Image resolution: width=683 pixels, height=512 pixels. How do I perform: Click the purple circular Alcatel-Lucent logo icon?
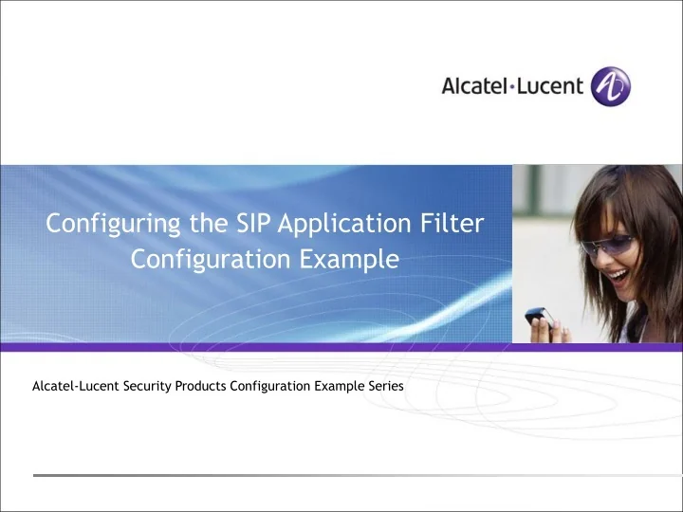tap(610, 86)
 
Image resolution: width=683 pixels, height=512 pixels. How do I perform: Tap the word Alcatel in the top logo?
tap(475, 86)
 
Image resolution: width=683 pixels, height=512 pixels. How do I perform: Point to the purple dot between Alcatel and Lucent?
tap(513, 87)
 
